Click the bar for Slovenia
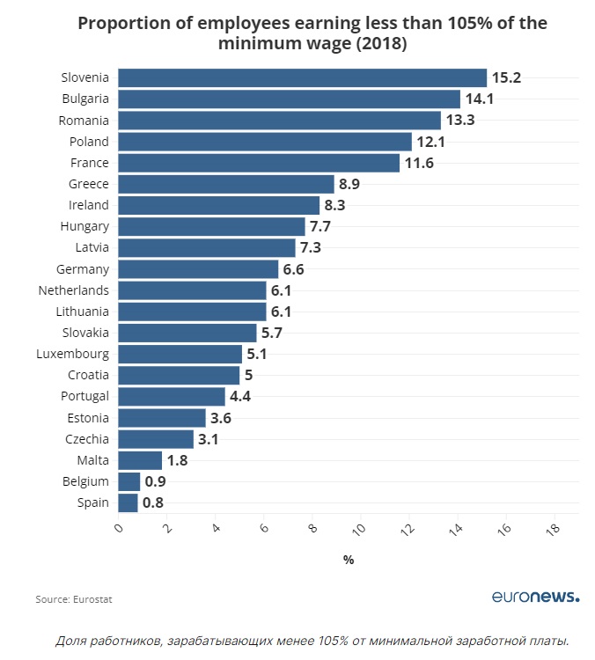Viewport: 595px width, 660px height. tap(302, 77)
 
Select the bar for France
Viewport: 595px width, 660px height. tap(259, 163)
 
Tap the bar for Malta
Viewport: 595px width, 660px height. tap(140, 460)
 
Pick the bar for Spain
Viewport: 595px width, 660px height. tap(128, 502)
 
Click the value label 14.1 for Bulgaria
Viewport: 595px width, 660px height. tap(479, 99)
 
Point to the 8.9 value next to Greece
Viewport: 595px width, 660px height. tap(349, 184)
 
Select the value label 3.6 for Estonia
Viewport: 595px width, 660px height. tap(221, 417)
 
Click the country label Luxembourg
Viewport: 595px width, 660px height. tap(73, 354)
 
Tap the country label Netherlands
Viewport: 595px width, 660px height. tap(74, 290)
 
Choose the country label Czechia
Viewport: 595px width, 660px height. tap(87, 438)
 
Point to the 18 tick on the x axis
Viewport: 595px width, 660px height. tap(552, 530)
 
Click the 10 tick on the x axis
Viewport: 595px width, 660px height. tap(358, 530)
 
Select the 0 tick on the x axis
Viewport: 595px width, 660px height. tap(119, 528)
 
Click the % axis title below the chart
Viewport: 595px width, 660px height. tap(349, 560)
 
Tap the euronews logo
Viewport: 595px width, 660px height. tap(535, 597)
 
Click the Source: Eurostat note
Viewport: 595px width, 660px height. tap(74, 599)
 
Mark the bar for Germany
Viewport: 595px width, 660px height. tap(198, 269)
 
